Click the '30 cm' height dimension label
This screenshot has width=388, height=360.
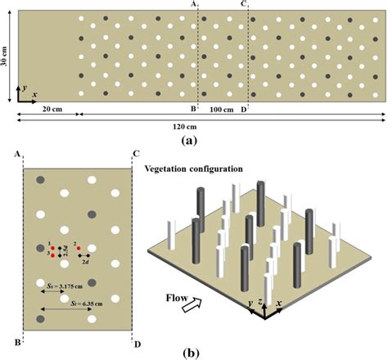coord(7,53)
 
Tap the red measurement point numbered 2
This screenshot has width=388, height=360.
coord(79,248)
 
